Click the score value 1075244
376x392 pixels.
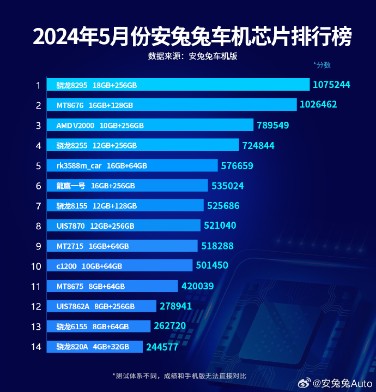(331, 85)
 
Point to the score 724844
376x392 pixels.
(258, 146)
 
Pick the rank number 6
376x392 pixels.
(39, 186)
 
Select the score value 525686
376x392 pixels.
(223, 206)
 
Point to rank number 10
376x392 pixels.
(37, 266)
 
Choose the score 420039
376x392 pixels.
(197, 286)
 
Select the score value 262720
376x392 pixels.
(170, 326)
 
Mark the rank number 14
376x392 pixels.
(37, 347)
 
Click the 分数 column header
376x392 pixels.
(322, 65)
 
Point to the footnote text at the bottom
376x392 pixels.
(179, 376)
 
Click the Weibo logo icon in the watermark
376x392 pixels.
(305, 383)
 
